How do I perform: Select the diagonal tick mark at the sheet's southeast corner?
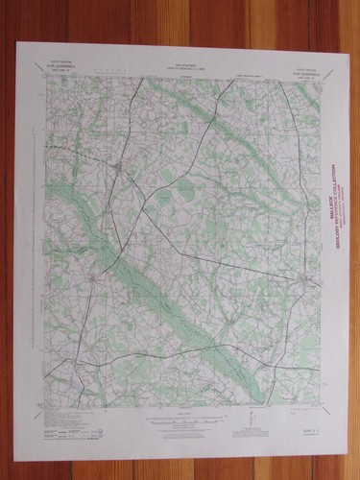pos(317,407)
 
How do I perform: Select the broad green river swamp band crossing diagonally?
pos(144,288)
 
